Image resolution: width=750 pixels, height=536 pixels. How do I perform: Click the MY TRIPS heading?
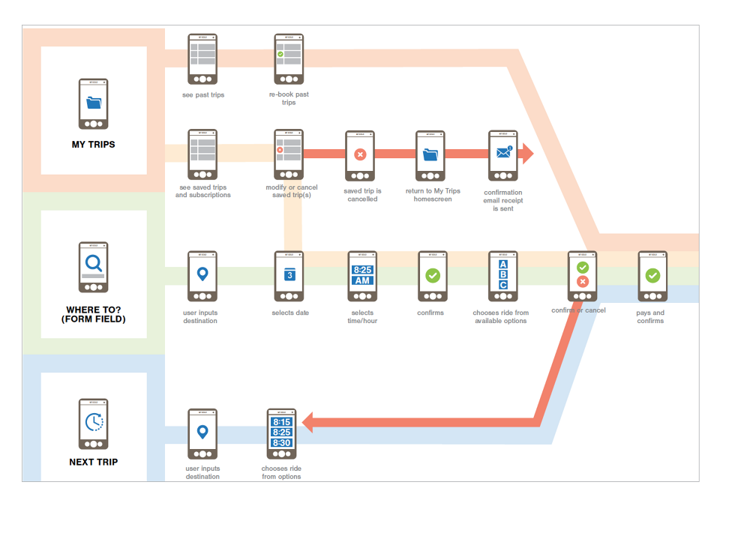click(x=94, y=144)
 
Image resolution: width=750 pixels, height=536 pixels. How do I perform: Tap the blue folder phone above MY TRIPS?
click(x=94, y=103)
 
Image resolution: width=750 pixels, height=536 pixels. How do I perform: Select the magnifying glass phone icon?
click(x=94, y=267)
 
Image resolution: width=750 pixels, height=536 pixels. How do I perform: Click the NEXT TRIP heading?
click(x=94, y=462)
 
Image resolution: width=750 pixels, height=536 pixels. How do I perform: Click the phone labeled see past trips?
click(x=202, y=58)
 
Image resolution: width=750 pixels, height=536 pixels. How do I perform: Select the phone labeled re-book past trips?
click(x=289, y=58)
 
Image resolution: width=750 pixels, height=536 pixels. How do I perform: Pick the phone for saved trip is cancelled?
click(x=360, y=156)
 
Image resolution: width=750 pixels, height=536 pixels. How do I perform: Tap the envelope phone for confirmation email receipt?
click(x=502, y=156)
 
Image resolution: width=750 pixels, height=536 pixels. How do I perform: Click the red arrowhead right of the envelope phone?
click(x=527, y=154)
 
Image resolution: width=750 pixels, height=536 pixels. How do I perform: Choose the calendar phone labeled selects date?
click(x=289, y=276)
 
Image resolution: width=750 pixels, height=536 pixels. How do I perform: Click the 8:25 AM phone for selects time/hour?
click(x=362, y=276)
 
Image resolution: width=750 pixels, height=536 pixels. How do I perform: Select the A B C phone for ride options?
click(x=502, y=276)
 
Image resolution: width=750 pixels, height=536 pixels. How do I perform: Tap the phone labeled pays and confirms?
click(x=652, y=276)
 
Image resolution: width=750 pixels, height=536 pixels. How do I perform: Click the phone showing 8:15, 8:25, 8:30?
click(x=282, y=433)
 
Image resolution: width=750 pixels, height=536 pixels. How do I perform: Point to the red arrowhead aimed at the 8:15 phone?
click(x=307, y=424)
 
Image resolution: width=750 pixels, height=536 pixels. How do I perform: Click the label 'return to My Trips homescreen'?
click(x=433, y=195)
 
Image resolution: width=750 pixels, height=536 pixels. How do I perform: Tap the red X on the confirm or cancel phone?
click(x=583, y=282)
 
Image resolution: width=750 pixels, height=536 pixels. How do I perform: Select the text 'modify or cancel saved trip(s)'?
click(x=292, y=191)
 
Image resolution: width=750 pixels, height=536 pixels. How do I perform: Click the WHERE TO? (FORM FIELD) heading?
click(x=94, y=314)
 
